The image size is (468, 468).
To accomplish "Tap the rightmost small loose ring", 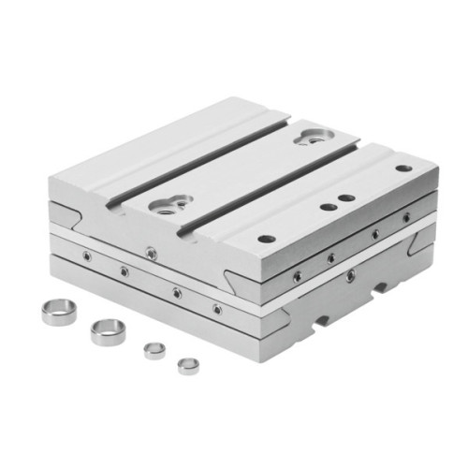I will tap(189, 363).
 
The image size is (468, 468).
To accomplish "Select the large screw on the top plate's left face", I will tap(150, 250).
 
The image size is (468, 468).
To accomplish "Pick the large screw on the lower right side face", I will tap(350, 275).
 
